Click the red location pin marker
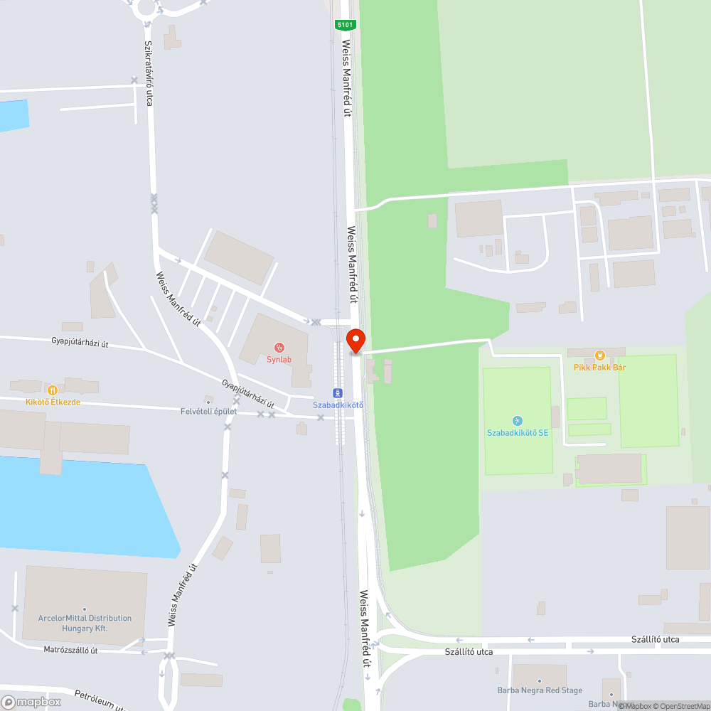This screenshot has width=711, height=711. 355,341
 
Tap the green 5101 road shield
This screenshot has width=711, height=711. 345,25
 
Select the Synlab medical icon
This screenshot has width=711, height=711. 279,348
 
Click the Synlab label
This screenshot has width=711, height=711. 279,360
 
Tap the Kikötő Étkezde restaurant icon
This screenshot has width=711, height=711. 52,390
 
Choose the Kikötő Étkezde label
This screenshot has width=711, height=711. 53,402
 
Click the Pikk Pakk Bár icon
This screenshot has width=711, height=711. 599,355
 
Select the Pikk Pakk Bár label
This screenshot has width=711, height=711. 599,368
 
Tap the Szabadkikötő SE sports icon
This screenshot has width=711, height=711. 517,421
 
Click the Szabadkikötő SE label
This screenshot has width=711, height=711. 517,433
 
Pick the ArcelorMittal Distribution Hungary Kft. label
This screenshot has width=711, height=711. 85,624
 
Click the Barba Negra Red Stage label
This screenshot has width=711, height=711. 540,690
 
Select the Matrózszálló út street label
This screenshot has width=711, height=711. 70,650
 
